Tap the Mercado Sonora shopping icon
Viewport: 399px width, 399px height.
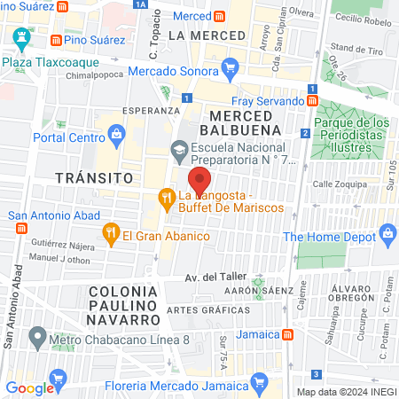coord(231,67)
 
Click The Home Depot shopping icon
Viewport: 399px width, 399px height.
coord(387,234)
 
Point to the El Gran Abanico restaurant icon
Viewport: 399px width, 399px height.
coord(111,235)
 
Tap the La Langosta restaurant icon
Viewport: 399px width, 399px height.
coord(165,197)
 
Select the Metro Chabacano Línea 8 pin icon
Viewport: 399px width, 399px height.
coord(36,337)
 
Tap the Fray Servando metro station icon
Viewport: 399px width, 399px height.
coord(313,101)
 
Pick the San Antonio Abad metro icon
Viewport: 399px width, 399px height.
coord(21,228)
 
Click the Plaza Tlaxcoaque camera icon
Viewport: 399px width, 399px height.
coord(20,39)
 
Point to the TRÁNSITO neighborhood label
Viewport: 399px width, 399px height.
coord(87,177)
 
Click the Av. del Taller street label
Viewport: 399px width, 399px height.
coord(214,277)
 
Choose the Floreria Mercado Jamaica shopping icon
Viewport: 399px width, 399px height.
coord(259,383)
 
